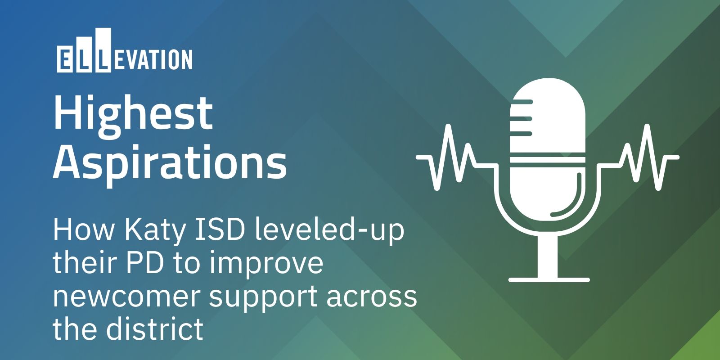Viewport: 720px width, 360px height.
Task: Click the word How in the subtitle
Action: (84, 230)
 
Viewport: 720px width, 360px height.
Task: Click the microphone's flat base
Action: (549, 279)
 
